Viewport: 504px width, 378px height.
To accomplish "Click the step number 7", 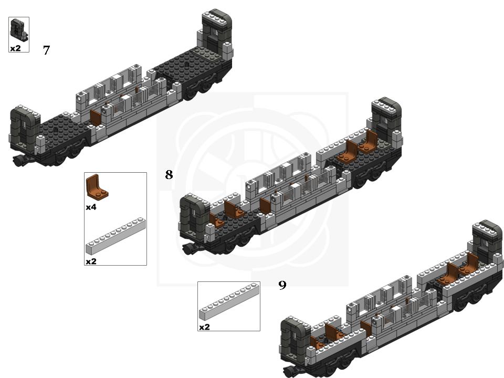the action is pos(46,50).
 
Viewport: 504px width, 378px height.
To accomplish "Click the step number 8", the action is pos(169,174).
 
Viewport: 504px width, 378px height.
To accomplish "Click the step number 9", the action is pos(282,285).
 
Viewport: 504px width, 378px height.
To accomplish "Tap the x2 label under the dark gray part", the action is pos(15,48).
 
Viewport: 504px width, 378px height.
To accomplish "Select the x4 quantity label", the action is pos(91,207).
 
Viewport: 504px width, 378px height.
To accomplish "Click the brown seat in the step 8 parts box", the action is pos(97,186).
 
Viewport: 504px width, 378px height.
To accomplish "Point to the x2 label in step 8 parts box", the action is pos(91,261).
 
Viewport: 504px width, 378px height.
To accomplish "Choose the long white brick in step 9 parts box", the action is pos(229,301).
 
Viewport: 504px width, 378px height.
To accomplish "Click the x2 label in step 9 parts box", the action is pos(204,327).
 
